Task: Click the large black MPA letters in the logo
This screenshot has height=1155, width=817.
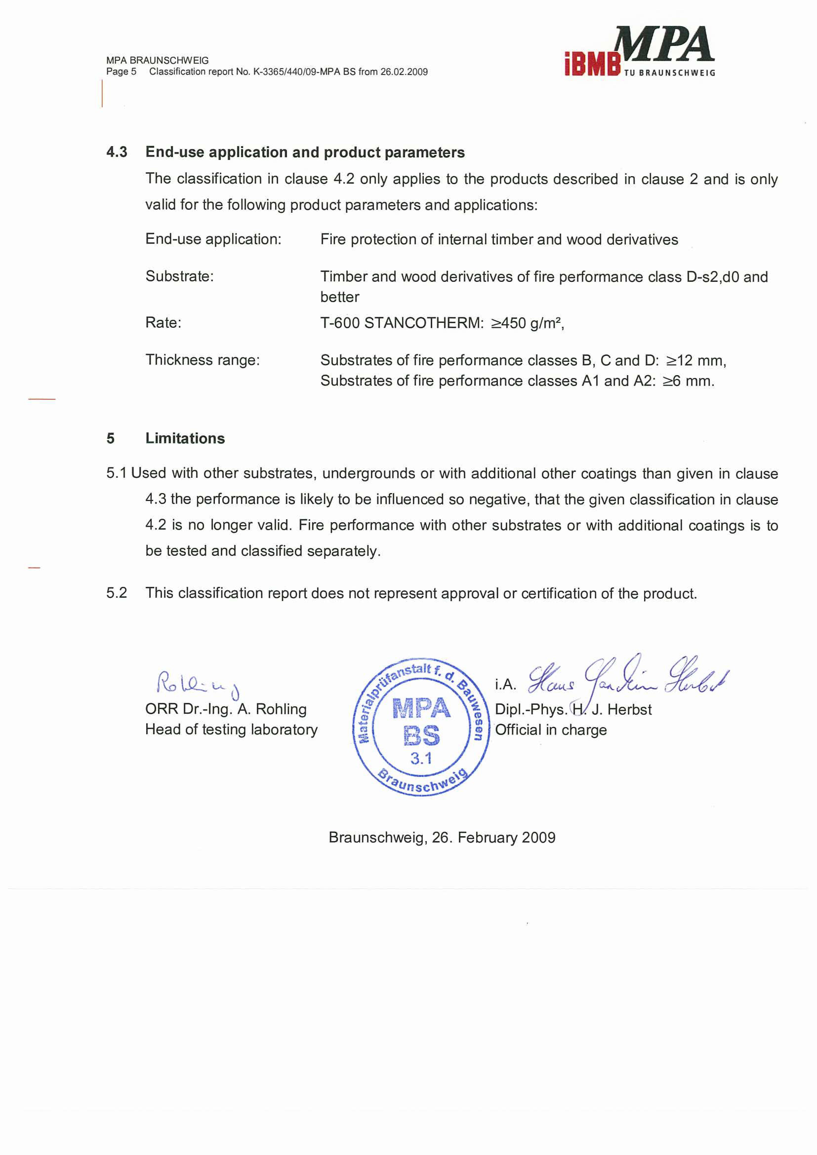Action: click(664, 44)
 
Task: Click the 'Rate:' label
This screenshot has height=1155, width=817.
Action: click(163, 322)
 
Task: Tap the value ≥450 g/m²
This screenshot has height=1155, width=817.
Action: click(527, 323)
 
